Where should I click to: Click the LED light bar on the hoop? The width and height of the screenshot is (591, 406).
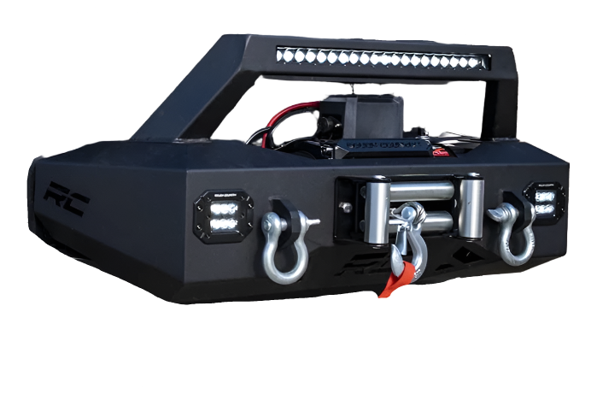[x=383, y=59]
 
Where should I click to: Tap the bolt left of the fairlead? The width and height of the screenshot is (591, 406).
[x=344, y=207]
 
